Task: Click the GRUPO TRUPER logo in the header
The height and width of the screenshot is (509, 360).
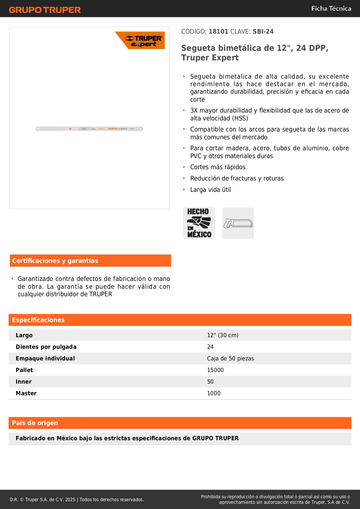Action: (x=45, y=10)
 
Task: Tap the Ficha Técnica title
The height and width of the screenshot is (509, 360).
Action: (x=331, y=8)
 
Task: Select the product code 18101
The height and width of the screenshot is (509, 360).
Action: (x=218, y=31)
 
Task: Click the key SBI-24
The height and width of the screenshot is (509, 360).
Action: (x=263, y=31)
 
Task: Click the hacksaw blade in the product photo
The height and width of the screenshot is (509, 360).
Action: (x=89, y=129)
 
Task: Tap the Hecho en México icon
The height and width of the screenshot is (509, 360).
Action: (x=199, y=223)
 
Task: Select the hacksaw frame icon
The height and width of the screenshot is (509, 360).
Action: (x=238, y=223)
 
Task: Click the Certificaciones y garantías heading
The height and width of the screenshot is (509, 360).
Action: (x=55, y=261)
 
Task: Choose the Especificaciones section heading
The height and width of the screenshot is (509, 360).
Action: (x=38, y=320)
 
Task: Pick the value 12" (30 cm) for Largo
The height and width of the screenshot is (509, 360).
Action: (x=222, y=335)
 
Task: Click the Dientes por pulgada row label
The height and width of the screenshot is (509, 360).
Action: (x=46, y=347)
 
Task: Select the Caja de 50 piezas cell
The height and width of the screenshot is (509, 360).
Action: (x=230, y=358)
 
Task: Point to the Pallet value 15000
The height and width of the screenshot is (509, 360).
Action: (x=215, y=370)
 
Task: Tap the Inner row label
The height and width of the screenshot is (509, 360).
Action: (x=23, y=382)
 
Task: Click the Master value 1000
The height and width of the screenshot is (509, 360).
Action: (x=214, y=393)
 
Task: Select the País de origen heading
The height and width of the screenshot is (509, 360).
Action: (x=35, y=423)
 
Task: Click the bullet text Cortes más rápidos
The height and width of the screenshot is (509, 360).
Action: (x=218, y=167)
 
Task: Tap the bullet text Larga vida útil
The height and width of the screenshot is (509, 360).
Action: (x=211, y=190)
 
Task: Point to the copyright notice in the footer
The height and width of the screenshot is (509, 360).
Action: (x=77, y=499)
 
